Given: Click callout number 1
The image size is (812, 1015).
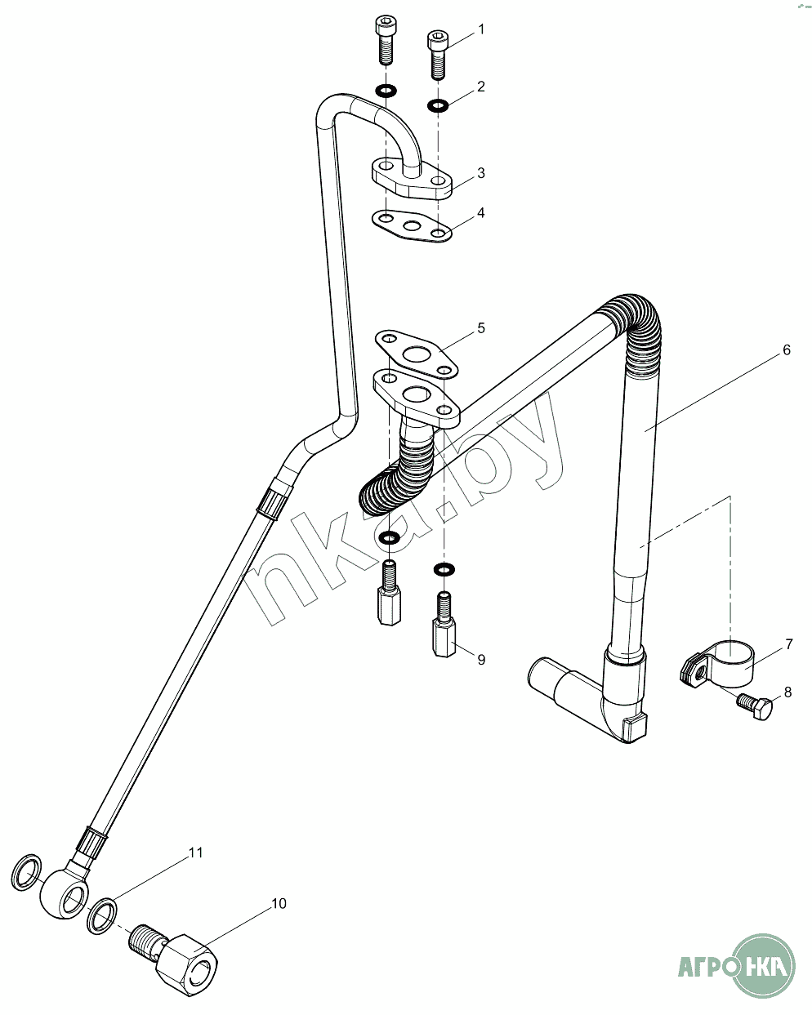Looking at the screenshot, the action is (x=481, y=29).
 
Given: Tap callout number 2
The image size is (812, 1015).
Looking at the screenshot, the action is (x=481, y=87).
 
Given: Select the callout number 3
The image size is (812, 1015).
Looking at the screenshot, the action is (x=481, y=173).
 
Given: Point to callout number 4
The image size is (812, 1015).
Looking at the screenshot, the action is (x=481, y=213).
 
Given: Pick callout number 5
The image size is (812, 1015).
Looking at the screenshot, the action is (x=481, y=328).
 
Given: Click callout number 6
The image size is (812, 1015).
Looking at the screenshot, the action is (x=787, y=350).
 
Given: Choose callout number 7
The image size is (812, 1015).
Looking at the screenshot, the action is (x=789, y=644).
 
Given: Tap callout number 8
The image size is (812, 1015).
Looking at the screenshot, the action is (x=787, y=692).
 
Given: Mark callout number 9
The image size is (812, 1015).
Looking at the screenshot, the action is (x=481, y=659).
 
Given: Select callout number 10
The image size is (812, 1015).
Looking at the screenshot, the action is (x=279, y=903).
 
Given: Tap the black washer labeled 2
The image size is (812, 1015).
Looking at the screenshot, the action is (x=438, y=105).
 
